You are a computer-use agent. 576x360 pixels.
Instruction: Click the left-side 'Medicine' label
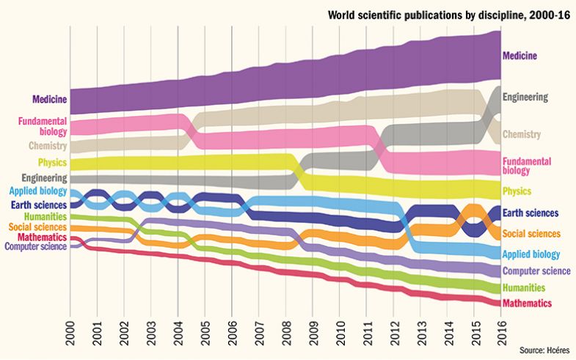[50, 99]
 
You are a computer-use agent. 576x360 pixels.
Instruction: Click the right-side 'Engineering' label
[525, 97]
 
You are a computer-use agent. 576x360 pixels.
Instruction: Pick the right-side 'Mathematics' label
[527, 303]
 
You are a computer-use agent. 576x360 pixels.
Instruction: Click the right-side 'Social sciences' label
[531, 234]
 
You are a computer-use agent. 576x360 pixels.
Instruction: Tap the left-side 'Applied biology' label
[39, 191]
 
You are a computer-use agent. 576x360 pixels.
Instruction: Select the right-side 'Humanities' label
[523, 287]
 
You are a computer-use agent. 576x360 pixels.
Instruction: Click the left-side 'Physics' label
[51, 162]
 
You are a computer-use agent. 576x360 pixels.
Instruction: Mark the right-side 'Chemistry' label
[522, 134]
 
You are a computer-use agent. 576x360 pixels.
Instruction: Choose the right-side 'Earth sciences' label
[531, 213]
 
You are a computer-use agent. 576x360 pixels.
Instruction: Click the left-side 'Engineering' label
[44, 177]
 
